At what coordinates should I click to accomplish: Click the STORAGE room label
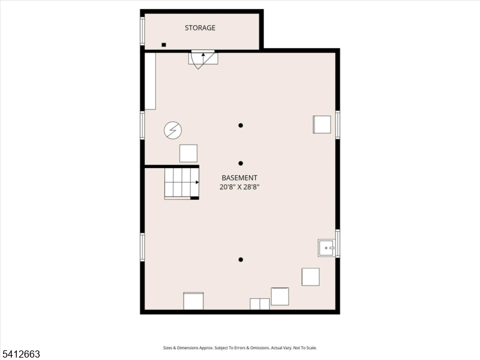200,28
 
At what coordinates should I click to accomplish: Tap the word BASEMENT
239,178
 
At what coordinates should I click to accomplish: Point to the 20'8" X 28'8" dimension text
239,187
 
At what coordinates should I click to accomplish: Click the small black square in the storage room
164,44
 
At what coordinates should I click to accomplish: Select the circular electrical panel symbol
173,130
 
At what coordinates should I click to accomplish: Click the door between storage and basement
203,59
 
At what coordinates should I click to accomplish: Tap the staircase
182,183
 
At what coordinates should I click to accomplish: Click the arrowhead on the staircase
197,182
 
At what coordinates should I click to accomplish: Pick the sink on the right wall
326,248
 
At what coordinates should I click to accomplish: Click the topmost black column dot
241,125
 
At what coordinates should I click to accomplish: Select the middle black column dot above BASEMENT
241,163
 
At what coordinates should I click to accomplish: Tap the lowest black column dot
241,260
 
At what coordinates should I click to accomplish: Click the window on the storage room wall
142,31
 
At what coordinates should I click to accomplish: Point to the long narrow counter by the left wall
150,81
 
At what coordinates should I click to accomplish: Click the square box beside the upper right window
322,124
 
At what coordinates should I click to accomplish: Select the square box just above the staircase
188,154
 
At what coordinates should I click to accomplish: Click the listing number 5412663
20,354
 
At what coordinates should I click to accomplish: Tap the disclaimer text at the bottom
239,348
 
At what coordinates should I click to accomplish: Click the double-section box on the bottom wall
260,304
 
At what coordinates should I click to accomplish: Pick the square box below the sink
310,277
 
